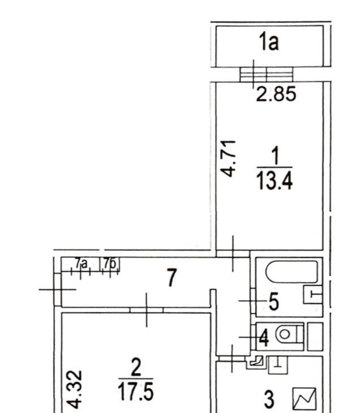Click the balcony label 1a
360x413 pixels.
point(269,41)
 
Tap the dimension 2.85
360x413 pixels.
point(276,94)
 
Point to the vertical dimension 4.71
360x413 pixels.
point(228,158)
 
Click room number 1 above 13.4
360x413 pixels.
point(275,156)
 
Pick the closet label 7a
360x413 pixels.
point(81,264)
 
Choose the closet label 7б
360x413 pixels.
point(110,264)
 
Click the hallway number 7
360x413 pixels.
point(172,277)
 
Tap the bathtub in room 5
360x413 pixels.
point(292,272)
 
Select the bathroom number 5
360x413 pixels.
point(274,302)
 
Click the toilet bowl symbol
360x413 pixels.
point(289,334)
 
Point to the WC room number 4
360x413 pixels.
point(264,338)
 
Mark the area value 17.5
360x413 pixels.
point(135,392)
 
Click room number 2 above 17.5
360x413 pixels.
point(136,367)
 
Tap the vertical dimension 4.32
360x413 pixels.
point(74,389)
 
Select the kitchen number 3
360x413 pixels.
point(269,399)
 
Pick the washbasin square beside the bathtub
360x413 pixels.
point(313,295)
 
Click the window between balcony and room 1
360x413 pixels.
point(267,75)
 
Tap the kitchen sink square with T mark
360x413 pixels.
point(278,365)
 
